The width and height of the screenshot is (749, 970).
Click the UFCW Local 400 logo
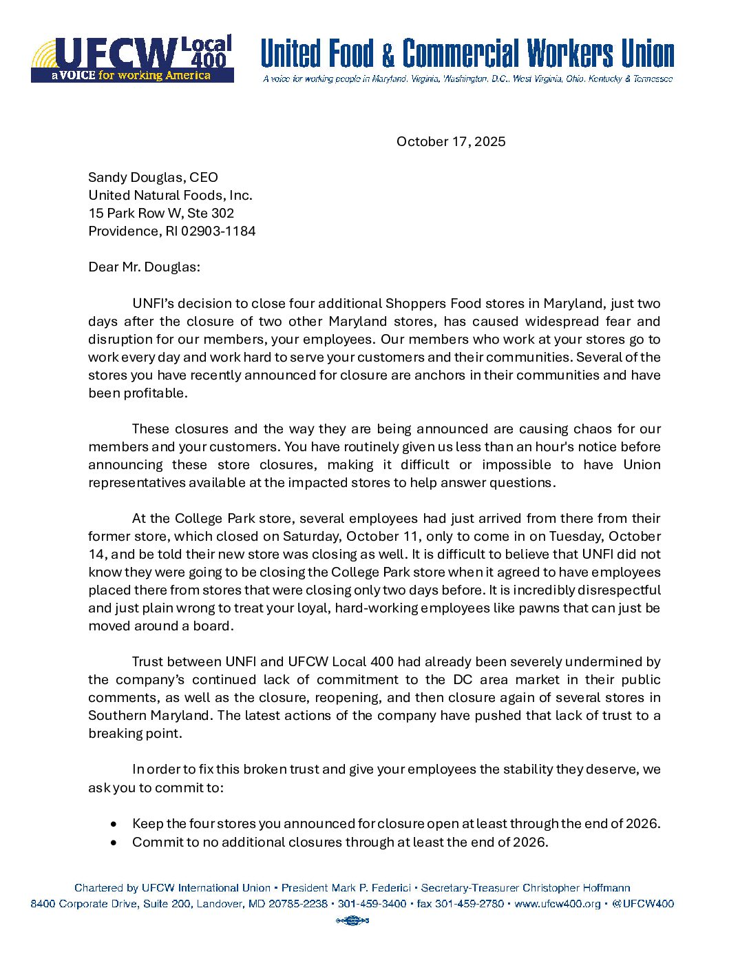pos(132,59)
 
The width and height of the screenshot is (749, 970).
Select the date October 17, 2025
pos(451,142)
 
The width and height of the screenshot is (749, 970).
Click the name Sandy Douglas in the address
pos(136,178)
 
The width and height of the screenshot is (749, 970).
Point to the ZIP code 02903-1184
pos(218,231)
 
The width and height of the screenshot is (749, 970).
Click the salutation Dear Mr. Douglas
pos(144,267)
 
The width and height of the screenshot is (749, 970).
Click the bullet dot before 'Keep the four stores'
pos(114,824)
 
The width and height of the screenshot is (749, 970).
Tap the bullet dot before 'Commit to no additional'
pos(114,843)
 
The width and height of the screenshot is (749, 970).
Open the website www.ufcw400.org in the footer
pos(558,904)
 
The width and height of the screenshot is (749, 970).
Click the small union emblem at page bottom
pos(352,920)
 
